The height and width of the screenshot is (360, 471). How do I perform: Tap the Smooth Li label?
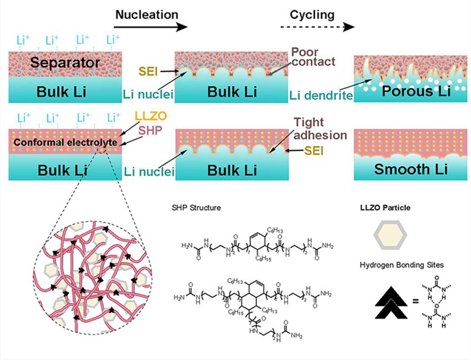pyautogui.click(x=409, y=169)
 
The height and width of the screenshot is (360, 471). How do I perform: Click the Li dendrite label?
pyautogui.click(x=321, y=95)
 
